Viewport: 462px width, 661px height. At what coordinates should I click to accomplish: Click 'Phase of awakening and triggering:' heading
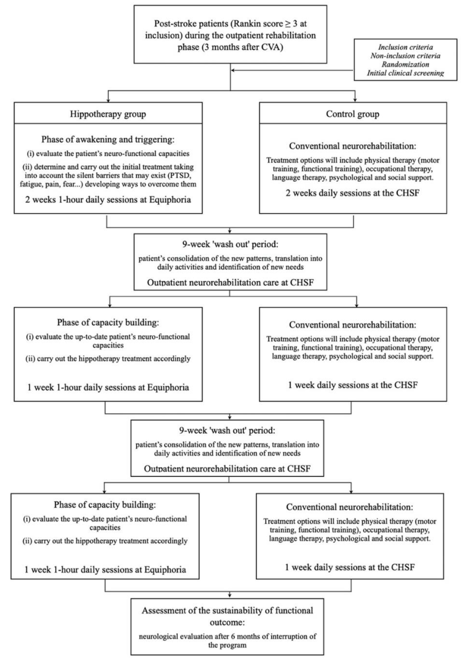click(x=108, y=139)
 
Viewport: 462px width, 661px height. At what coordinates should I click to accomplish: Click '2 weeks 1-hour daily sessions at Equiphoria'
click(x=108, y=200)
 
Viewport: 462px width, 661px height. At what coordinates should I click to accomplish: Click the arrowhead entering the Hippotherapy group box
click(x=108, y=100)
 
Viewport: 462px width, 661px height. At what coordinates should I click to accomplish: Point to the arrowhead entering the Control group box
click(x=355, y=100)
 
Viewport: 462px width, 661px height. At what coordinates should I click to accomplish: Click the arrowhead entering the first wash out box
click(x=230, y=231)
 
